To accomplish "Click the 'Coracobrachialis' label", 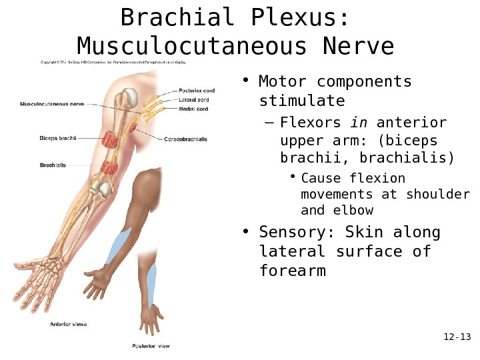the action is point(186,139).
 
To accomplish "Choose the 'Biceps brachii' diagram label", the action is point(57,139).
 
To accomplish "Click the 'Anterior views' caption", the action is point(69,324).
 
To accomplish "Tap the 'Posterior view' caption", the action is point(149,346).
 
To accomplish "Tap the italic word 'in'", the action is point(359,123).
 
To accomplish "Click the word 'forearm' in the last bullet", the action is point(293,271).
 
